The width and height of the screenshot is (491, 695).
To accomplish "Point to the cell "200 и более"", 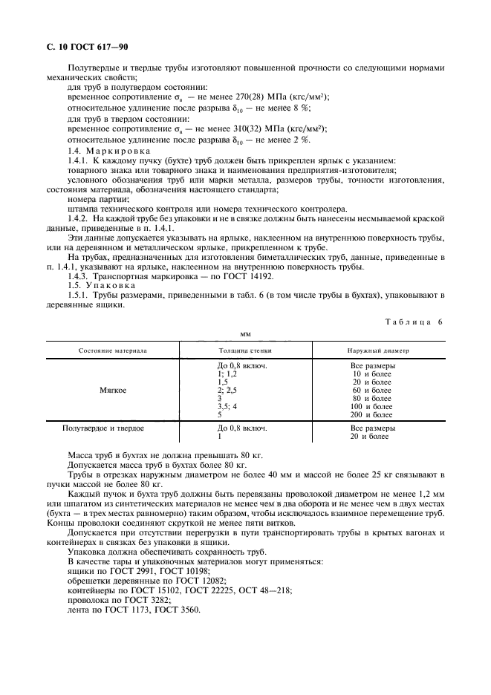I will click(x=372, y=415).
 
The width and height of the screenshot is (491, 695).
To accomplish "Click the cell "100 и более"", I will click(x=372, y=407).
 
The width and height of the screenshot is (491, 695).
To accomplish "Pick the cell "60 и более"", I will click(x=372, y=391).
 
